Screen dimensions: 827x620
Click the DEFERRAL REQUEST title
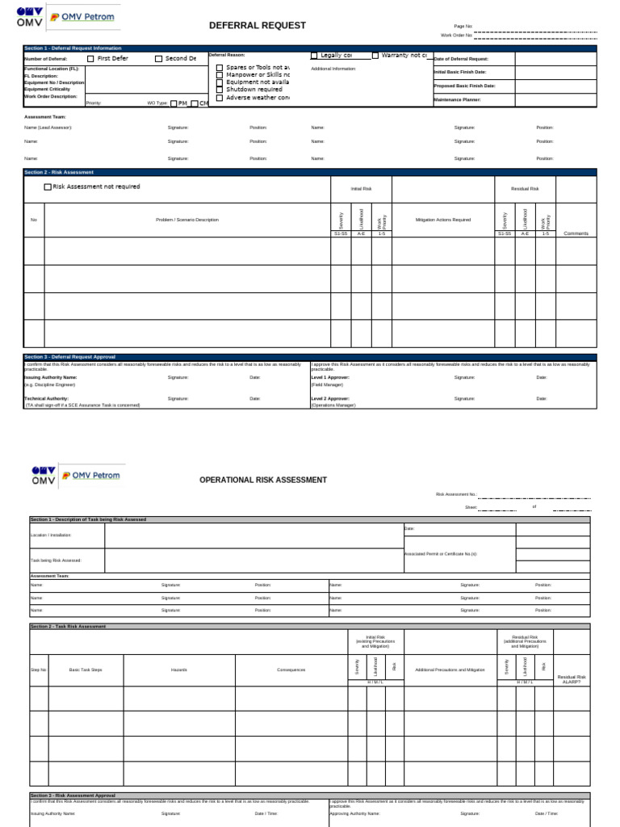click(x=258, y=26)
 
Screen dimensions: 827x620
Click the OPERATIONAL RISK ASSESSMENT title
click(x=263, y=480)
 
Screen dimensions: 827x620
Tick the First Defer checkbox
click(x=90, y=59)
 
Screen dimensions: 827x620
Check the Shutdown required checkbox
click(x=219, y=90)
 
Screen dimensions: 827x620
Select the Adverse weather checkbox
click(x=219, y=98)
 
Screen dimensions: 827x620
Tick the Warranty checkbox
click(x=375, y=56)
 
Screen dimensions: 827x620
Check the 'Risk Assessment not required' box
click(x=48, y=187)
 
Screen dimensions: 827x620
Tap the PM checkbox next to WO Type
click(x=174, y=103)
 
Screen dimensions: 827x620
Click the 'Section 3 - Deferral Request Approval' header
click(x=70, y=357)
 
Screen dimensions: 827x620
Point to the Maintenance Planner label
click(x=457, y=99)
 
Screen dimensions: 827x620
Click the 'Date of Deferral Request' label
click(x=461, y=59)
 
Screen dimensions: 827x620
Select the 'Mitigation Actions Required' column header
click(x=442, y=220)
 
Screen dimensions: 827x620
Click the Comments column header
click(x=576, y=233)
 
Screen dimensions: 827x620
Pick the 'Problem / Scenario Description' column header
click(x=186, y=220)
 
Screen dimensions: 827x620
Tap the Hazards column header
click(x=178, y=670)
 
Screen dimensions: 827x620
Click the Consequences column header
click(x=291, y=670)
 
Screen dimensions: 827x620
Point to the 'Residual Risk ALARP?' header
click(x=572, y=679)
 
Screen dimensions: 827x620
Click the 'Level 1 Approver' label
click(x=330, y=377)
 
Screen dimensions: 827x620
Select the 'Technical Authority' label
click(x=46, y=398)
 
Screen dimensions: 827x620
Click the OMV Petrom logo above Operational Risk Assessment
click(x=76, y=475)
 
